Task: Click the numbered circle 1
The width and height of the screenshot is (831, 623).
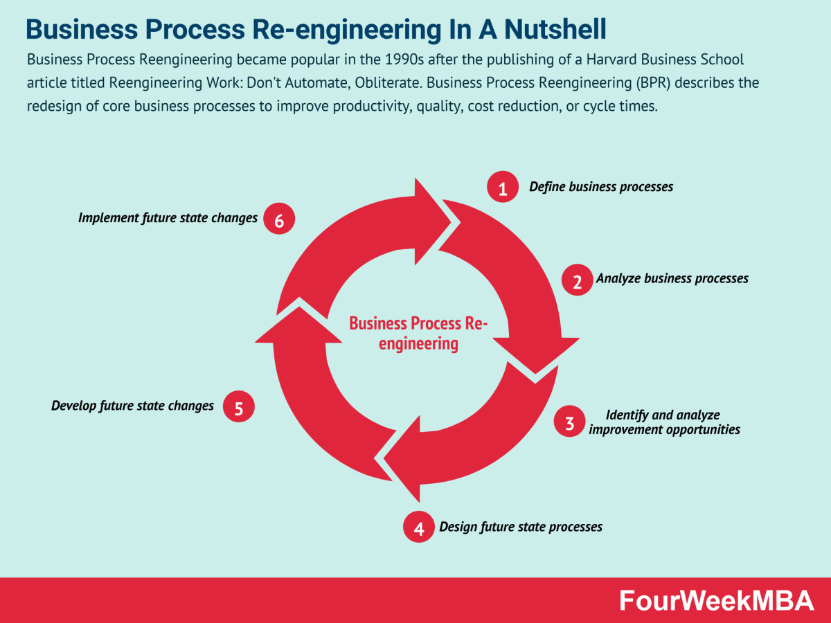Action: coord(503,188)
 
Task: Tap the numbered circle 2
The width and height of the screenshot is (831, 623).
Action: coord(577,280)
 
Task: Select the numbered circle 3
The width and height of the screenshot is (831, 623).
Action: coord(570,423)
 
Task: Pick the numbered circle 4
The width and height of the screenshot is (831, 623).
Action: coord(419,528)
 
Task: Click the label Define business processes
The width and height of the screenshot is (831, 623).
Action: coord(601,187)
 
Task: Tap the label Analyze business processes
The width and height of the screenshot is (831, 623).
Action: coord(672,278)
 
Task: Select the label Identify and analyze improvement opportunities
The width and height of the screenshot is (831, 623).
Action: coord(663,422)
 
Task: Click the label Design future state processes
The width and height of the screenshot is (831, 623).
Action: coord(521,527)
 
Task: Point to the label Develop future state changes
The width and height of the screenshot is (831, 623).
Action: coord(132,406)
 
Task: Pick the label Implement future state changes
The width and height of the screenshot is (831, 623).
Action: coord(168,218)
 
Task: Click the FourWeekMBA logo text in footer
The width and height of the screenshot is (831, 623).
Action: coord(717,601)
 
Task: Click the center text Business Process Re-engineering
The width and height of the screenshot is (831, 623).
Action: coord(418,333)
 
